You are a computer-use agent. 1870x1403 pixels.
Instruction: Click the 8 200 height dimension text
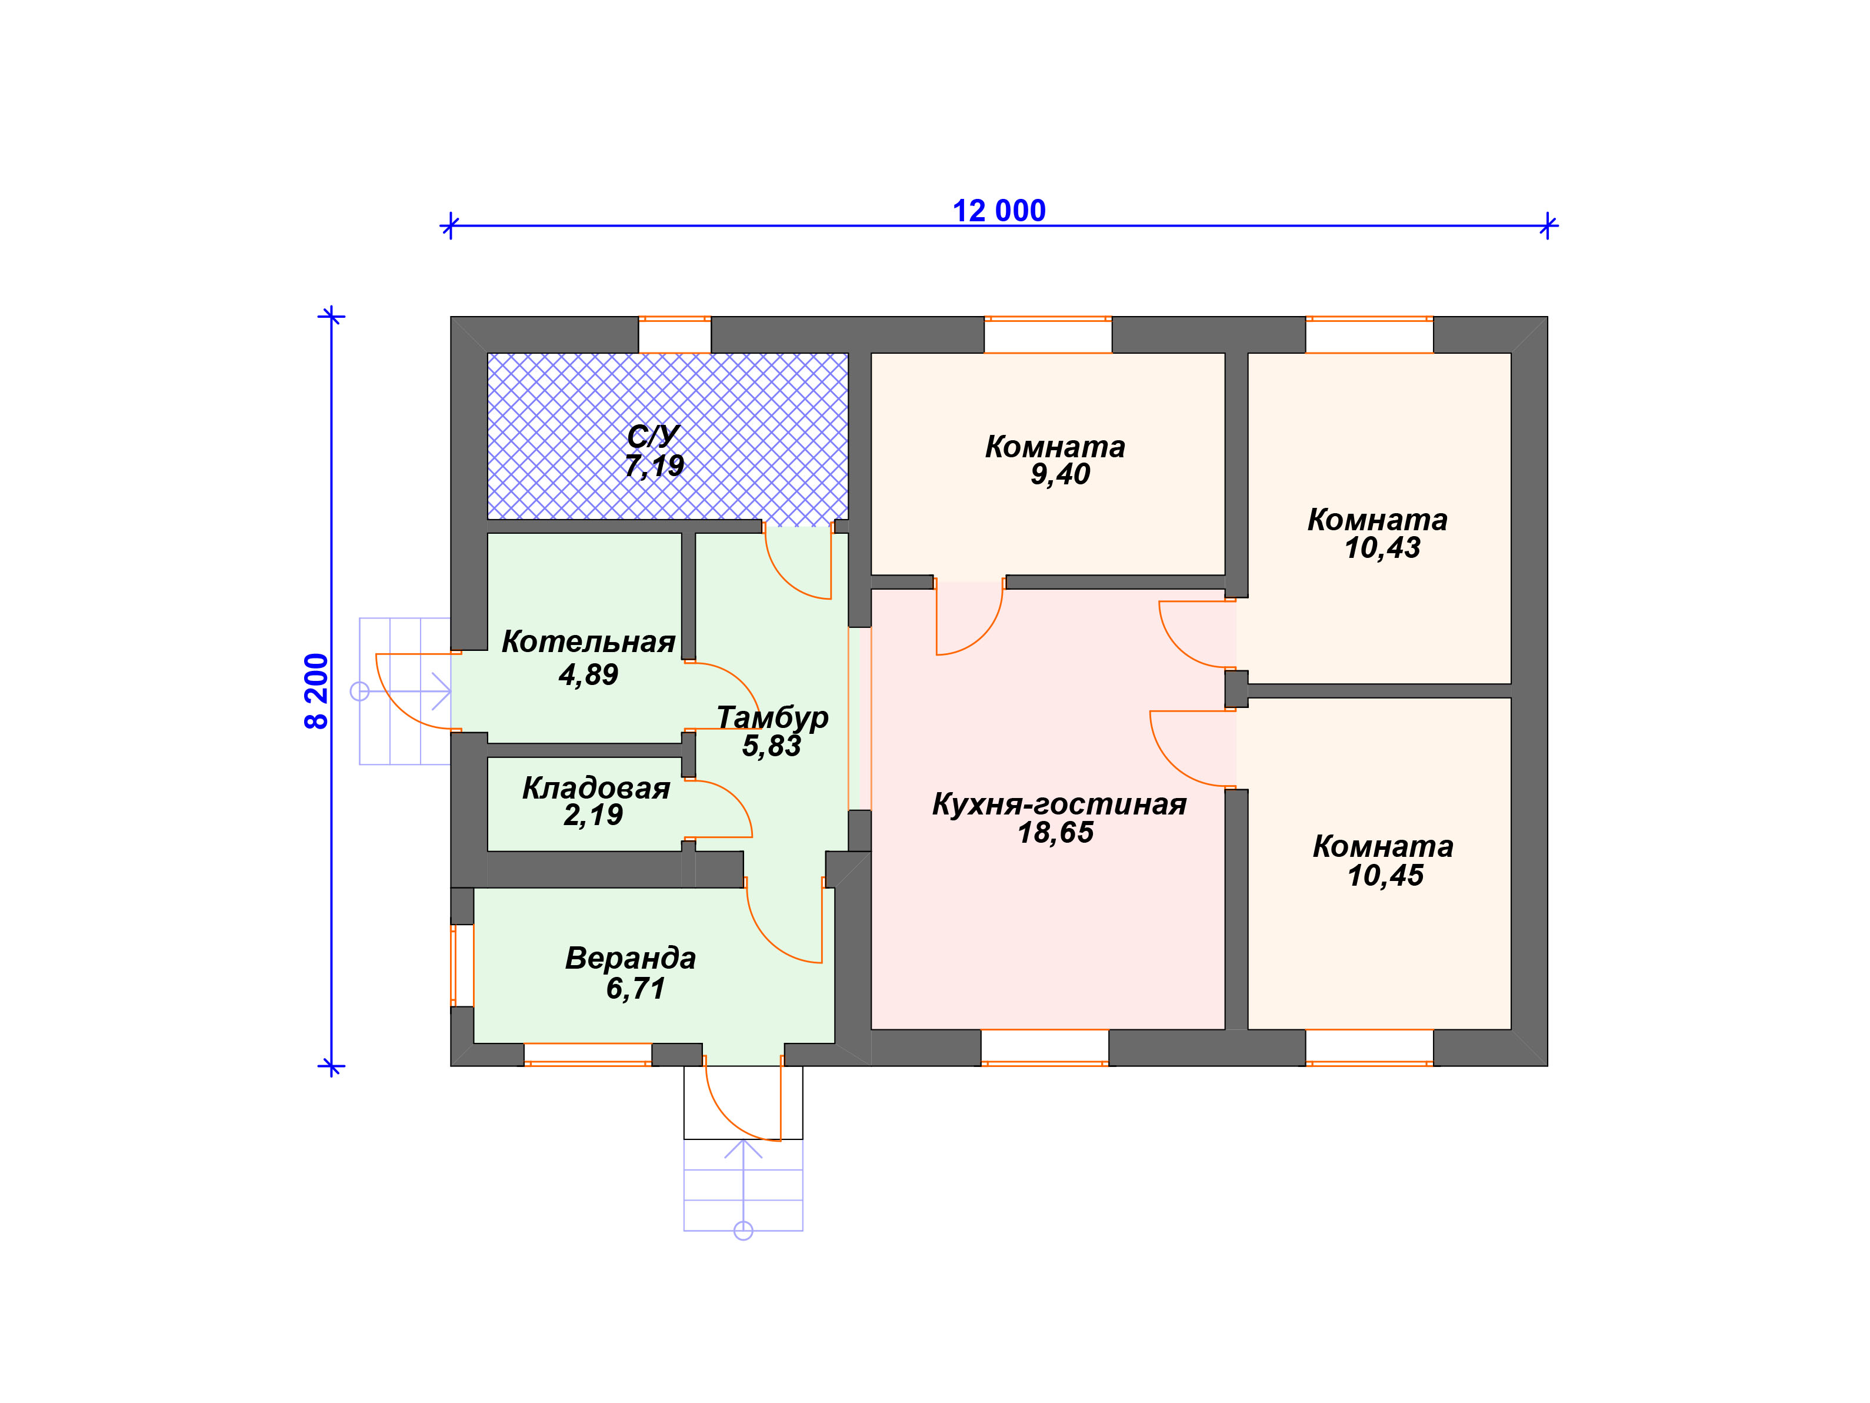[x=316, y=691]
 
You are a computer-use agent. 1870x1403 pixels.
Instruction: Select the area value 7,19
[x=654, y=466]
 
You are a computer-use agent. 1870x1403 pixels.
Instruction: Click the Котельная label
[x=588, y=642]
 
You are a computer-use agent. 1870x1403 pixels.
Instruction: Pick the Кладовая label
[x=596, y=788]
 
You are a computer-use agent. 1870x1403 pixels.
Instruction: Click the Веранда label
[x=631, y=958]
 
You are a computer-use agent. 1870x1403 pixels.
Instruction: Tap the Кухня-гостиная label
[x=1059, y=804]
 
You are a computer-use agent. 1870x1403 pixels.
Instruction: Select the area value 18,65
[x=1055, y=833]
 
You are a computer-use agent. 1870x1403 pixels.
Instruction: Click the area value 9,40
[x=1060, y=474]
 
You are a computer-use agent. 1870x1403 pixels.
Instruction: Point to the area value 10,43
[x=1382, y=548]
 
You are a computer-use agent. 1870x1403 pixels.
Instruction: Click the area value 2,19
[x=592, y=815]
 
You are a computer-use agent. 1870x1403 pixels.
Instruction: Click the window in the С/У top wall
[x=675, y=335]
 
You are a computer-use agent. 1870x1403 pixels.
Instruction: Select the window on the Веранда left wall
[x=462, y=965]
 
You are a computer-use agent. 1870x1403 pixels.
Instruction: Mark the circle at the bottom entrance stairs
[x=743, y=1231]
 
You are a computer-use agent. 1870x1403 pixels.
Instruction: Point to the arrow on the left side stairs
[x=405, y=691]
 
